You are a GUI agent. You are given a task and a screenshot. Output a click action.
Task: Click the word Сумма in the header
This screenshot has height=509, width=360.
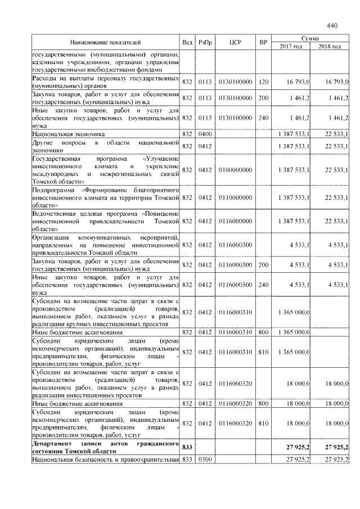coord(310,38)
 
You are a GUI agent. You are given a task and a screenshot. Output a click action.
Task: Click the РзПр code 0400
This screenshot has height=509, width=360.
coord(204,134)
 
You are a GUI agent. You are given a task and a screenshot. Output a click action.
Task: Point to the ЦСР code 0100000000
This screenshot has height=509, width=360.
coord(235,170)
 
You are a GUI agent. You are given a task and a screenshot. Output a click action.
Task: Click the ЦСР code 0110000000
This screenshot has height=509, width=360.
coord(235,197)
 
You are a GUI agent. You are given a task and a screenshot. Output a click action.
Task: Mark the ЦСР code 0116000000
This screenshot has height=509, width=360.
coord(235,222)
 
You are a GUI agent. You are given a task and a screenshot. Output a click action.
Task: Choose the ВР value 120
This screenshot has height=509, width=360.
coord(263,82)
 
